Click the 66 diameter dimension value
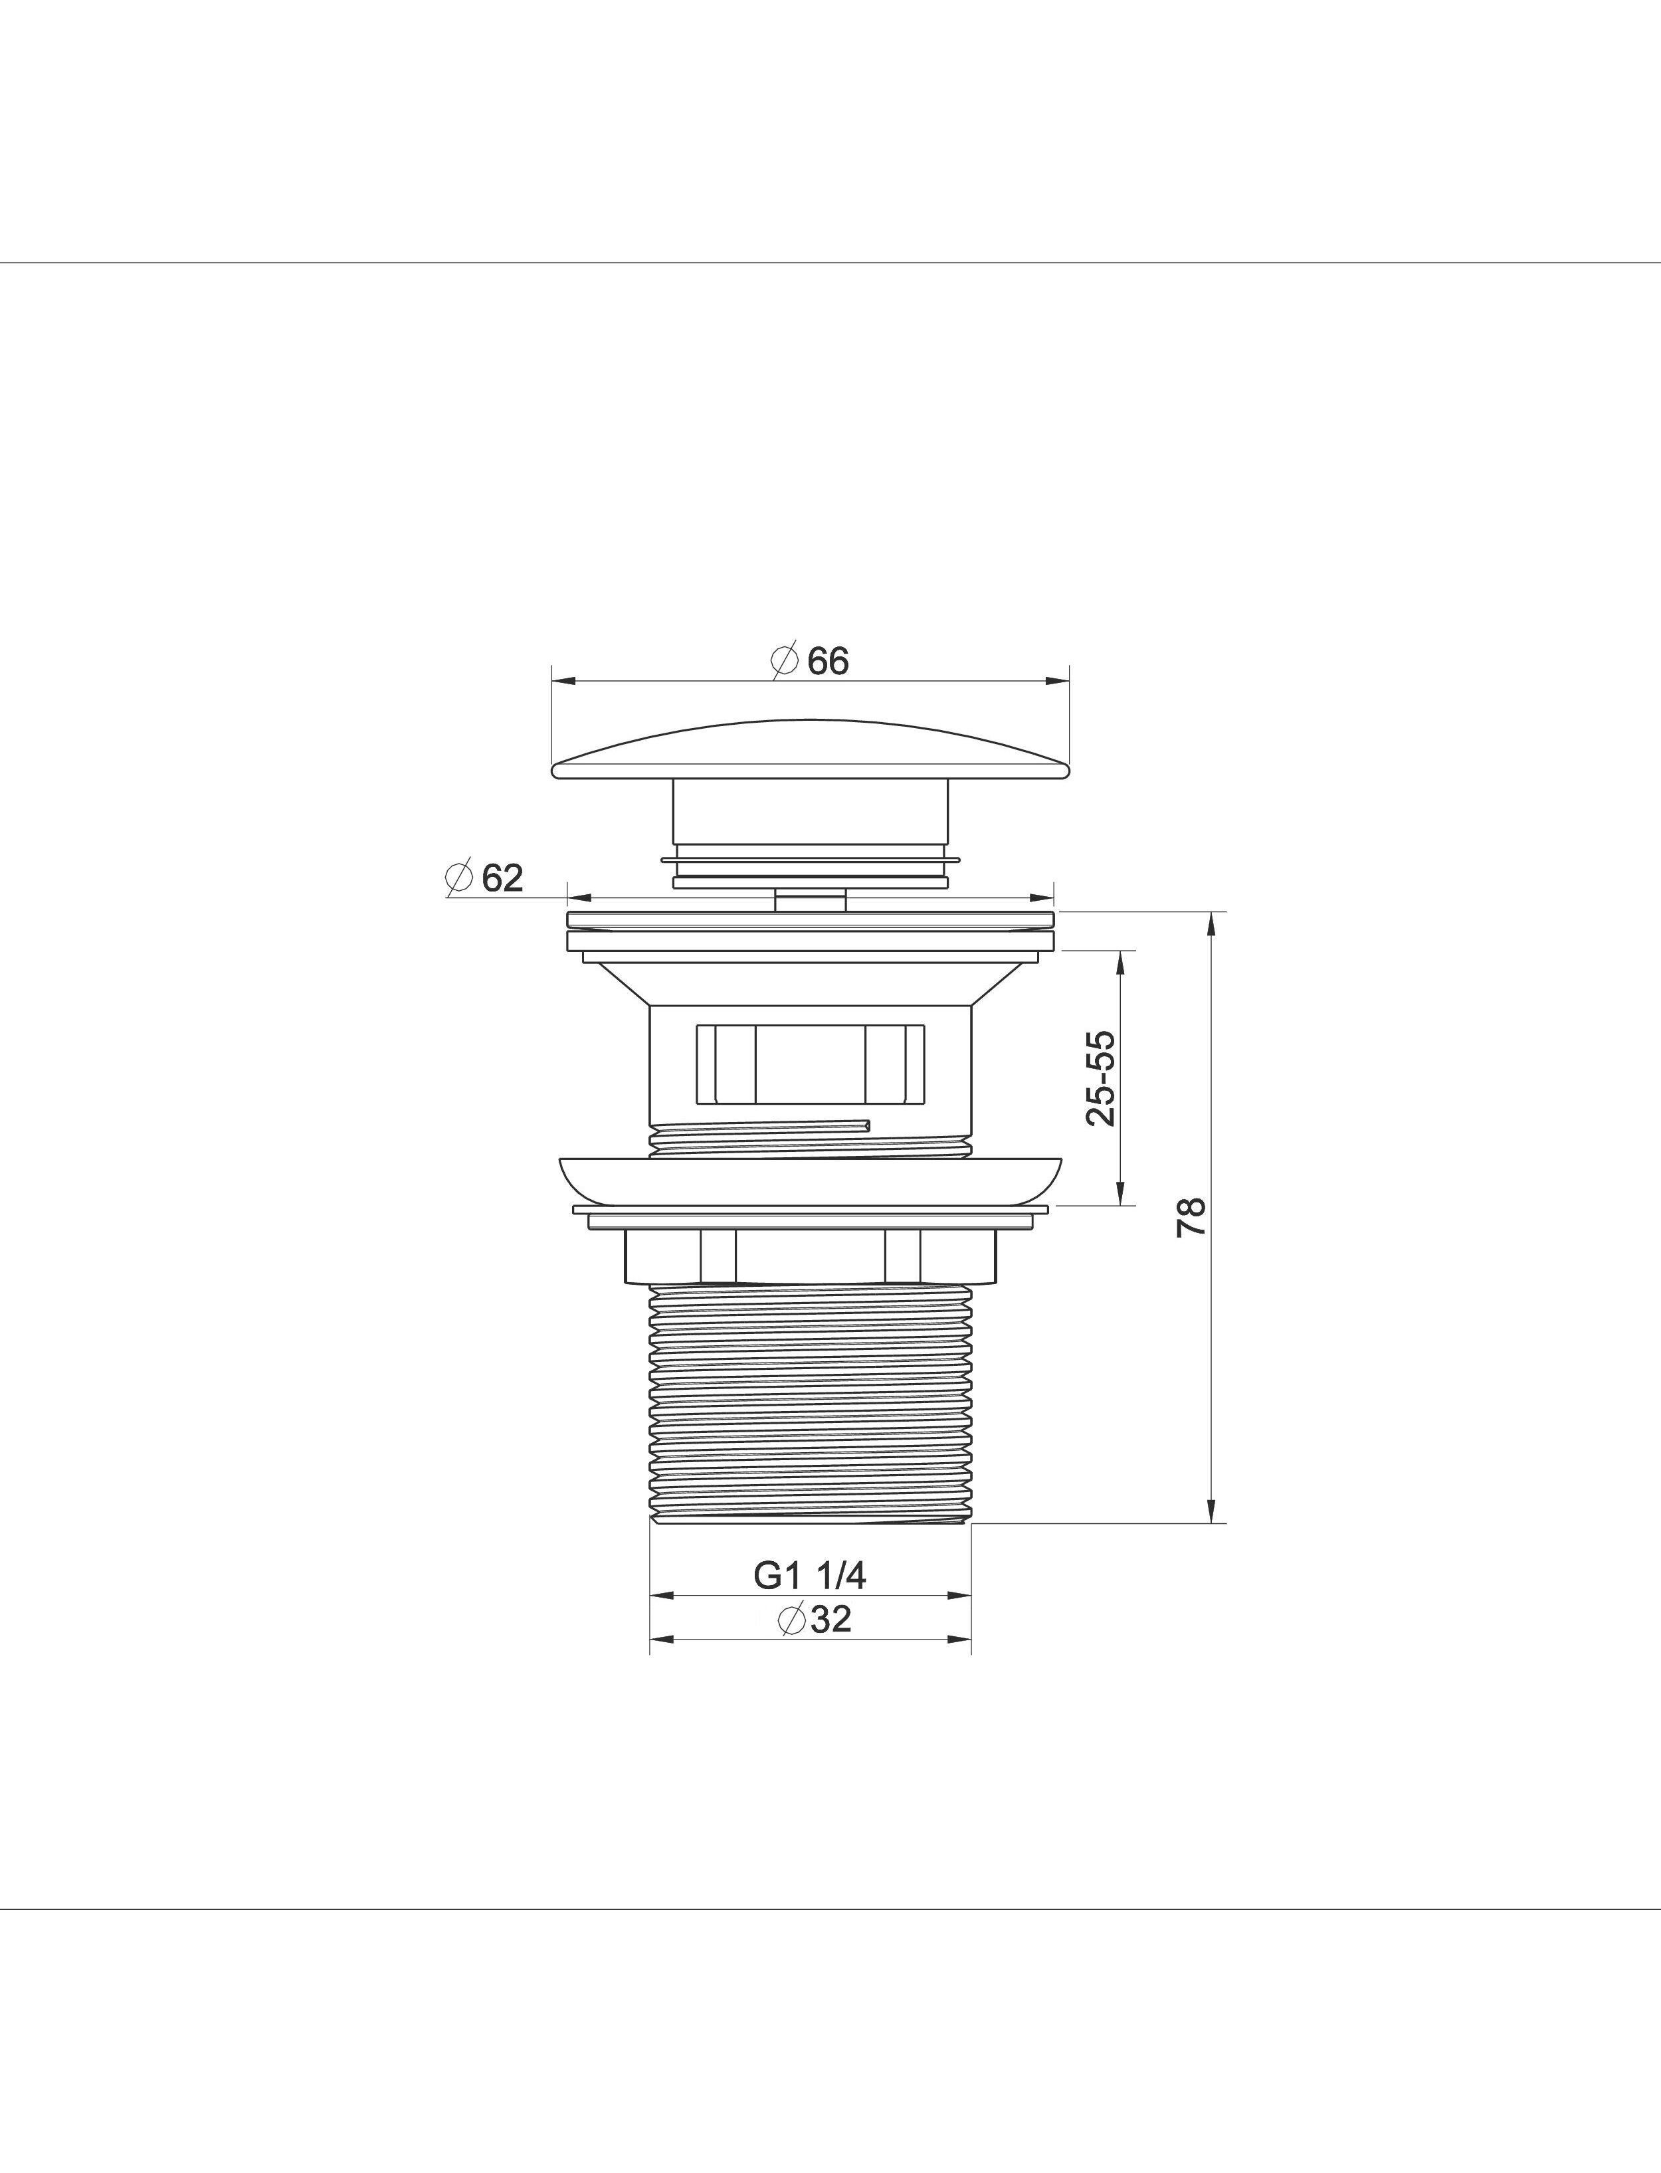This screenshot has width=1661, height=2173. tap(828, 662)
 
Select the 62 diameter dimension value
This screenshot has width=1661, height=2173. tap(502, 877)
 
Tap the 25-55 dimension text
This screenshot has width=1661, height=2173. tap(1100, 1078)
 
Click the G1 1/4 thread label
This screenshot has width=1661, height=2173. tap(810, 1576)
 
